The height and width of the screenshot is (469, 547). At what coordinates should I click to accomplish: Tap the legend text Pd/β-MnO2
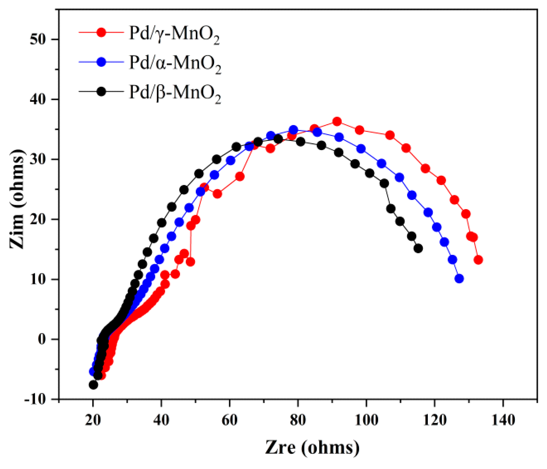pos(175,93)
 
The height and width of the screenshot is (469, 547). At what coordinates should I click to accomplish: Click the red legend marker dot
pos(101,32)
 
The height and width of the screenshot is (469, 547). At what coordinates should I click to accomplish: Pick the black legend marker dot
pos(101,91)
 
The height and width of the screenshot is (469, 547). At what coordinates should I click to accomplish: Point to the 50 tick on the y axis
pos(40,39)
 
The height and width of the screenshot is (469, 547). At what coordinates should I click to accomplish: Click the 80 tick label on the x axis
pos(298,420)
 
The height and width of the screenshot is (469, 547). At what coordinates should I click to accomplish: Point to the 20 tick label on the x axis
pos(93,420)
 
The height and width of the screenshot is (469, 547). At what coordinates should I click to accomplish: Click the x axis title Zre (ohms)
pos(312,448)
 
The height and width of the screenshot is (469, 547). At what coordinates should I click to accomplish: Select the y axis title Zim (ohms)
pos(17,199)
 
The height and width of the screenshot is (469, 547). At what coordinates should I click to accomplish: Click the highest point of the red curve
pos(337,121)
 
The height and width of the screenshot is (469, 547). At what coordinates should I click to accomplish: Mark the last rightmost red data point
pos(478,260)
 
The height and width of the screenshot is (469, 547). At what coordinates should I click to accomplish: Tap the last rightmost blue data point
pos(459,278)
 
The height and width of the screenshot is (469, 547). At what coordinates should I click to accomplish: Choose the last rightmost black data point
pos(418,249)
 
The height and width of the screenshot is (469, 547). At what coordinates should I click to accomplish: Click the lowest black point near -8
pos(93,385)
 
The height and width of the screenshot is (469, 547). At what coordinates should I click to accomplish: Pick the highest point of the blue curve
pos(293,130)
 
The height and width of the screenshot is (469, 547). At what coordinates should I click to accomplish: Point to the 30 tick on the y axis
pos(40,159)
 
